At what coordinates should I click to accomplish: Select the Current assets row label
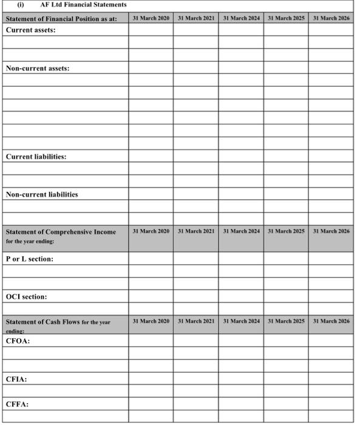click(31, 30)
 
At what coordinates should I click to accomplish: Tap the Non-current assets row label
click(38, 68)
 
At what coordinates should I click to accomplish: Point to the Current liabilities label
click(36, 157)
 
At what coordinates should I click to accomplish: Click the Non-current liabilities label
click(42, 194)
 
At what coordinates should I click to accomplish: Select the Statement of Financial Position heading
click(61, 19)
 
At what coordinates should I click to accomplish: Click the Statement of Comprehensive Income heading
click(61, 232)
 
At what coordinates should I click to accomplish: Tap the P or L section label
click(30, 259)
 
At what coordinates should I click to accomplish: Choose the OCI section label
click(27, 297)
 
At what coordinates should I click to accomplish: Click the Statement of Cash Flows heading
click(58, 322)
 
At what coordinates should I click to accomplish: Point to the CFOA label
click(18, 340)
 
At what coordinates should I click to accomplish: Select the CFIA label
click(17, 379)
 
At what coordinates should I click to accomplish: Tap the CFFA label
click(17, 404)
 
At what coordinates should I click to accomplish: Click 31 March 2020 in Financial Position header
click(151, 19)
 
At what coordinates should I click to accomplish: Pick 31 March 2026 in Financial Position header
click(331, 19)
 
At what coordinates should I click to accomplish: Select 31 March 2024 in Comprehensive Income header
click(241, 231)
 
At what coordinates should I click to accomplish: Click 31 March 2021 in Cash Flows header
click(196, 321)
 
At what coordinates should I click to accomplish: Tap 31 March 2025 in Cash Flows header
click(286, 321)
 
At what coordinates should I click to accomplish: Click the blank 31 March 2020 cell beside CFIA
click(151, 379)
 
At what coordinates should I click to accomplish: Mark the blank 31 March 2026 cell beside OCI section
click(331, 297)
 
